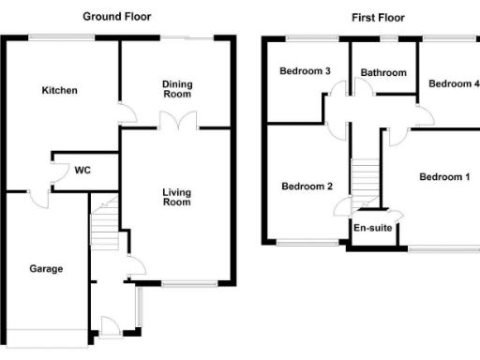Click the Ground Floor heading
point(116,17)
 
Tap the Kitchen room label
point(59,91)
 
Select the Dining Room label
point(177,88)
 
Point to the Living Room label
point(176,197)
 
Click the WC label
point(82,171)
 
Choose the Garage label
point(45,269)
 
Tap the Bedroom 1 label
point(443,176)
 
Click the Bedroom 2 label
point(307,186)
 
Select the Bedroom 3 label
point(305,71)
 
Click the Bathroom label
point(383,73)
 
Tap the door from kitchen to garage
point(38,200)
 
